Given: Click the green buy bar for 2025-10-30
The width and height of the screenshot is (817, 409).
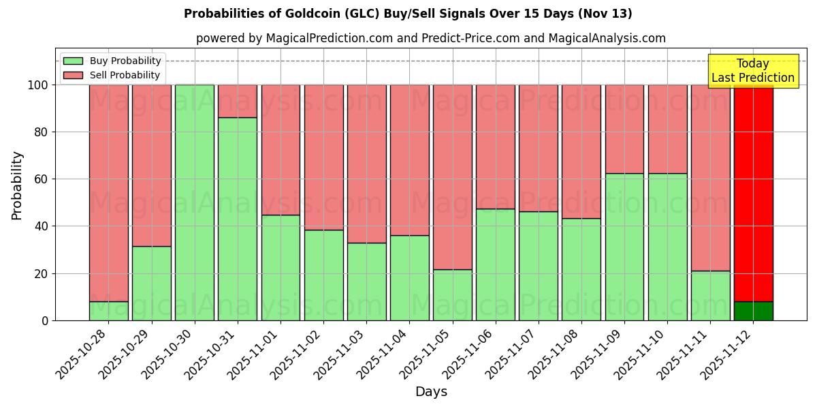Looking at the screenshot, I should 195,202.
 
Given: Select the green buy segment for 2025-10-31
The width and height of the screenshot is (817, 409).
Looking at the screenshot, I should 238,219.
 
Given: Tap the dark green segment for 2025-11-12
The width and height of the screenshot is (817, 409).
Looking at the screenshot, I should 753,311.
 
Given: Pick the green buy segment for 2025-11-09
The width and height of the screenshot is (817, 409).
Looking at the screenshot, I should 624,247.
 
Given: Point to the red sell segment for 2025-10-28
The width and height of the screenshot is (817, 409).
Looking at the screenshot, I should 109,193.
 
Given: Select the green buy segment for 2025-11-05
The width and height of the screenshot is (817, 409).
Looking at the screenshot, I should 452,294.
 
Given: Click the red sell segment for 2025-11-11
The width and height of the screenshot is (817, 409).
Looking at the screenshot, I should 710,177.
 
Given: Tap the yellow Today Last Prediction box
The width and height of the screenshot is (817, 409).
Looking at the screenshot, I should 753,71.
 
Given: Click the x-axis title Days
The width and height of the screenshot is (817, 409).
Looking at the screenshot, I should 431,392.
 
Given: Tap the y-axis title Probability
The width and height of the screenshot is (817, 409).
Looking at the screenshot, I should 17,185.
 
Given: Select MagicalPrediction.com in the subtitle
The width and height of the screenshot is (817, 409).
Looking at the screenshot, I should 328,38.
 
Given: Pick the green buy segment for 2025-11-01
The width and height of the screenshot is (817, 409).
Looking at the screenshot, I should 281,267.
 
